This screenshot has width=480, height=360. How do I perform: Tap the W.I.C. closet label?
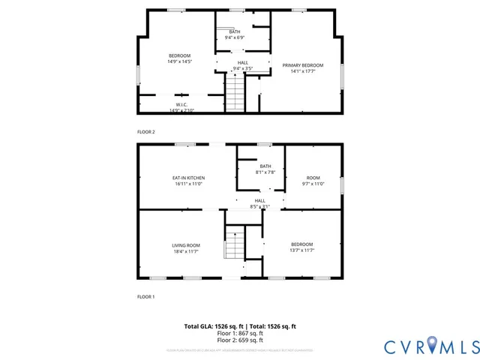[181, 104]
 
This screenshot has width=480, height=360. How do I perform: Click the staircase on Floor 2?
[235, 95]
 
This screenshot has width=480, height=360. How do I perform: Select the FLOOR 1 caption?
[145, 297]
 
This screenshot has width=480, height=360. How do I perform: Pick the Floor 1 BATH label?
[265, 166]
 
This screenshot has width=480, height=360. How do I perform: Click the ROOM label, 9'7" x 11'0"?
[313, 178]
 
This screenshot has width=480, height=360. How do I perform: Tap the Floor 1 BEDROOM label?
[301, 244]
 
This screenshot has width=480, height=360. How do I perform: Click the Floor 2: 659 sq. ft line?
[240, 340]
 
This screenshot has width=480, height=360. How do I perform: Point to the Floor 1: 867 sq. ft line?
[240, 333]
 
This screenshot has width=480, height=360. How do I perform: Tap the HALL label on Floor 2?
[242, 62]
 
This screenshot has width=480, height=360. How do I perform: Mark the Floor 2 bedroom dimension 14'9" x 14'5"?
[179, 61]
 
